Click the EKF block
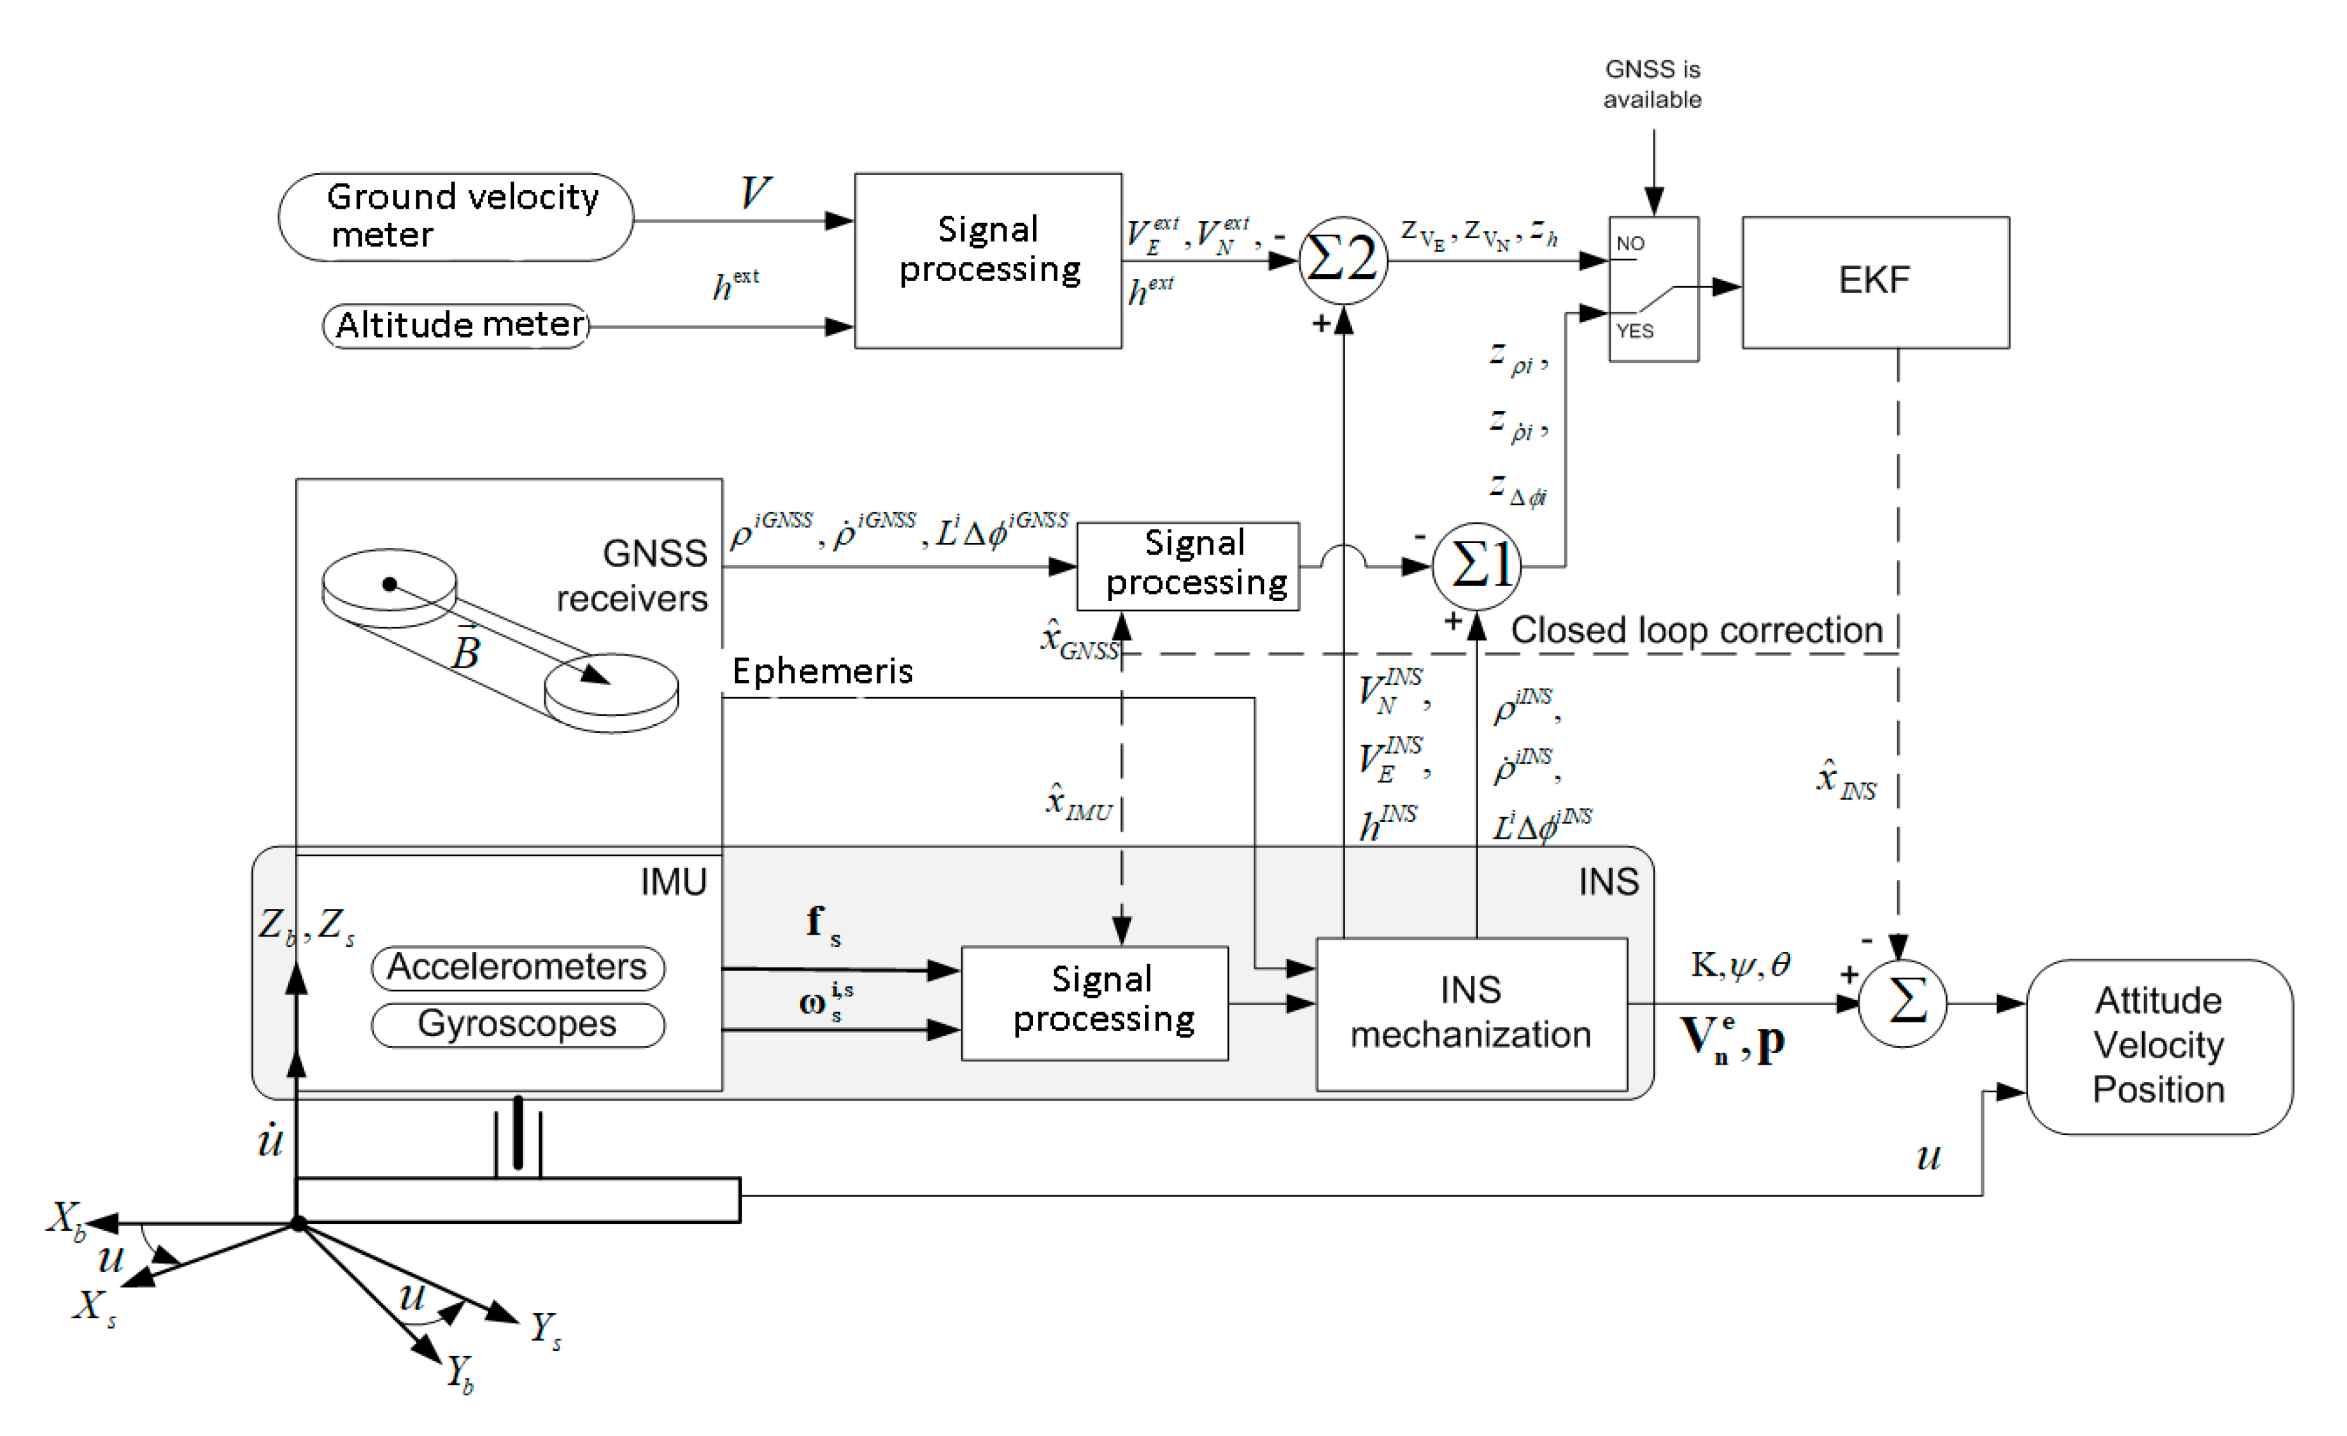pyautogui.click(x=1874, y=282)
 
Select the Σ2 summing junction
pyautogui.click(x=1342, y=260)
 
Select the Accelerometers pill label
pyautogui.click(x=517, y=967)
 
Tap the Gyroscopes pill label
pyautogui.click(x=517, y=1024)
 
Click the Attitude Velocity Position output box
pyautogui.click(x=2158, y=1045)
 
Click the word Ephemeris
pyautogui.click(x=822, y=672)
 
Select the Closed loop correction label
pyautogui.click(x=1696, y=631)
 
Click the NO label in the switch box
pyautogui.click(x=1630, y=244)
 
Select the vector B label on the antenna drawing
pyautogui.click(x=466, y=650)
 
